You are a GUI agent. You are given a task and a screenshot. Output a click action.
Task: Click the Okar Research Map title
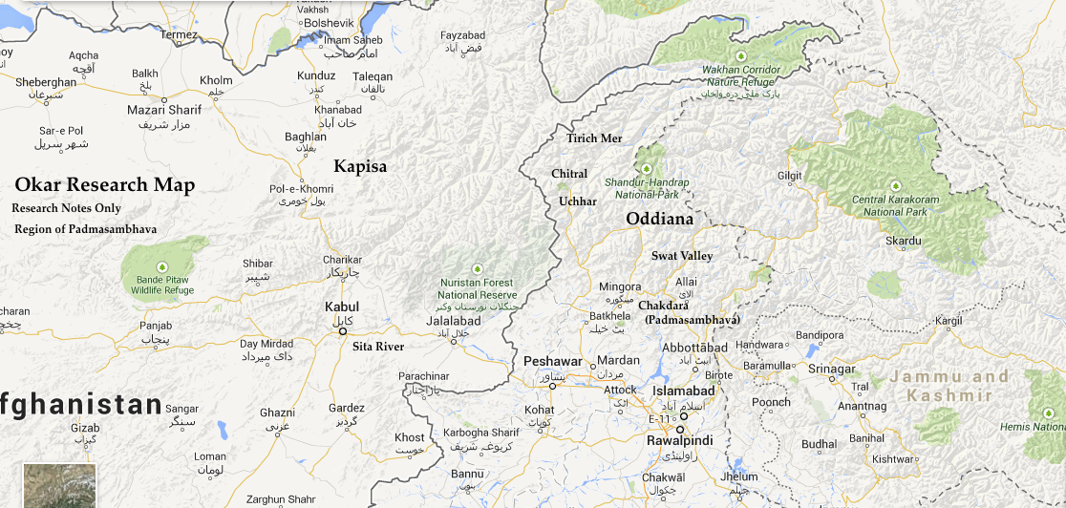point(104,185)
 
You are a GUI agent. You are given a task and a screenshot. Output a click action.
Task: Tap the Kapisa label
point(360,167)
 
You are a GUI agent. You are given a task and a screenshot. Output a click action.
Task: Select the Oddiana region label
point(659,220)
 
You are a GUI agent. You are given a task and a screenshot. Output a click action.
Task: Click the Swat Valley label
point(682,256)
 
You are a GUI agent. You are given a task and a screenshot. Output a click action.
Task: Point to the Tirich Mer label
point(594,138)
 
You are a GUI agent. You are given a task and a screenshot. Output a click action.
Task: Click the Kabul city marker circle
point(343,331)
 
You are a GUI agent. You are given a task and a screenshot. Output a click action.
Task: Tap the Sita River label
point(378,347)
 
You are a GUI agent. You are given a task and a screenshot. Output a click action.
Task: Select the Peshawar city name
point(552,362)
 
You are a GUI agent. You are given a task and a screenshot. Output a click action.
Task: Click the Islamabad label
point(683,392)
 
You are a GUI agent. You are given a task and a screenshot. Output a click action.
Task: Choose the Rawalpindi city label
point(680,442)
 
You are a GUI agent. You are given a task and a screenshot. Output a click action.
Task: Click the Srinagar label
point(831,369)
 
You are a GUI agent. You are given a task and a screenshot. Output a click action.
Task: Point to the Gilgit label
point(789,176)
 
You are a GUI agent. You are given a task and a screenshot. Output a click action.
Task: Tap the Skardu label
point(903,242)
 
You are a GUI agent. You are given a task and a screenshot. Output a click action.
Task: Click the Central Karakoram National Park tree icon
point(895,185)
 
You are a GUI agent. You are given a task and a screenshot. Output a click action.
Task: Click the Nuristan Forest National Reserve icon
point(477,268)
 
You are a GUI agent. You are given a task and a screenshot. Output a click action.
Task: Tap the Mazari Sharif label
point(164,110)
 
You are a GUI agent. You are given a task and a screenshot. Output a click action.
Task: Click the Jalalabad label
point(453,322)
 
